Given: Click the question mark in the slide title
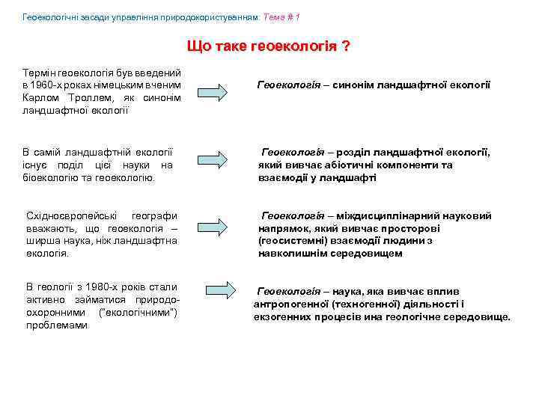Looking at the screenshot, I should (346, 46).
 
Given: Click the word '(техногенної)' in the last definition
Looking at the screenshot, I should (356, 304).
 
